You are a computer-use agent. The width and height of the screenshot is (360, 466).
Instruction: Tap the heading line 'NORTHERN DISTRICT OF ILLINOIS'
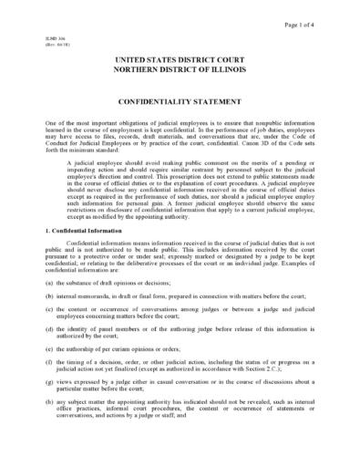tap(180, 70)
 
